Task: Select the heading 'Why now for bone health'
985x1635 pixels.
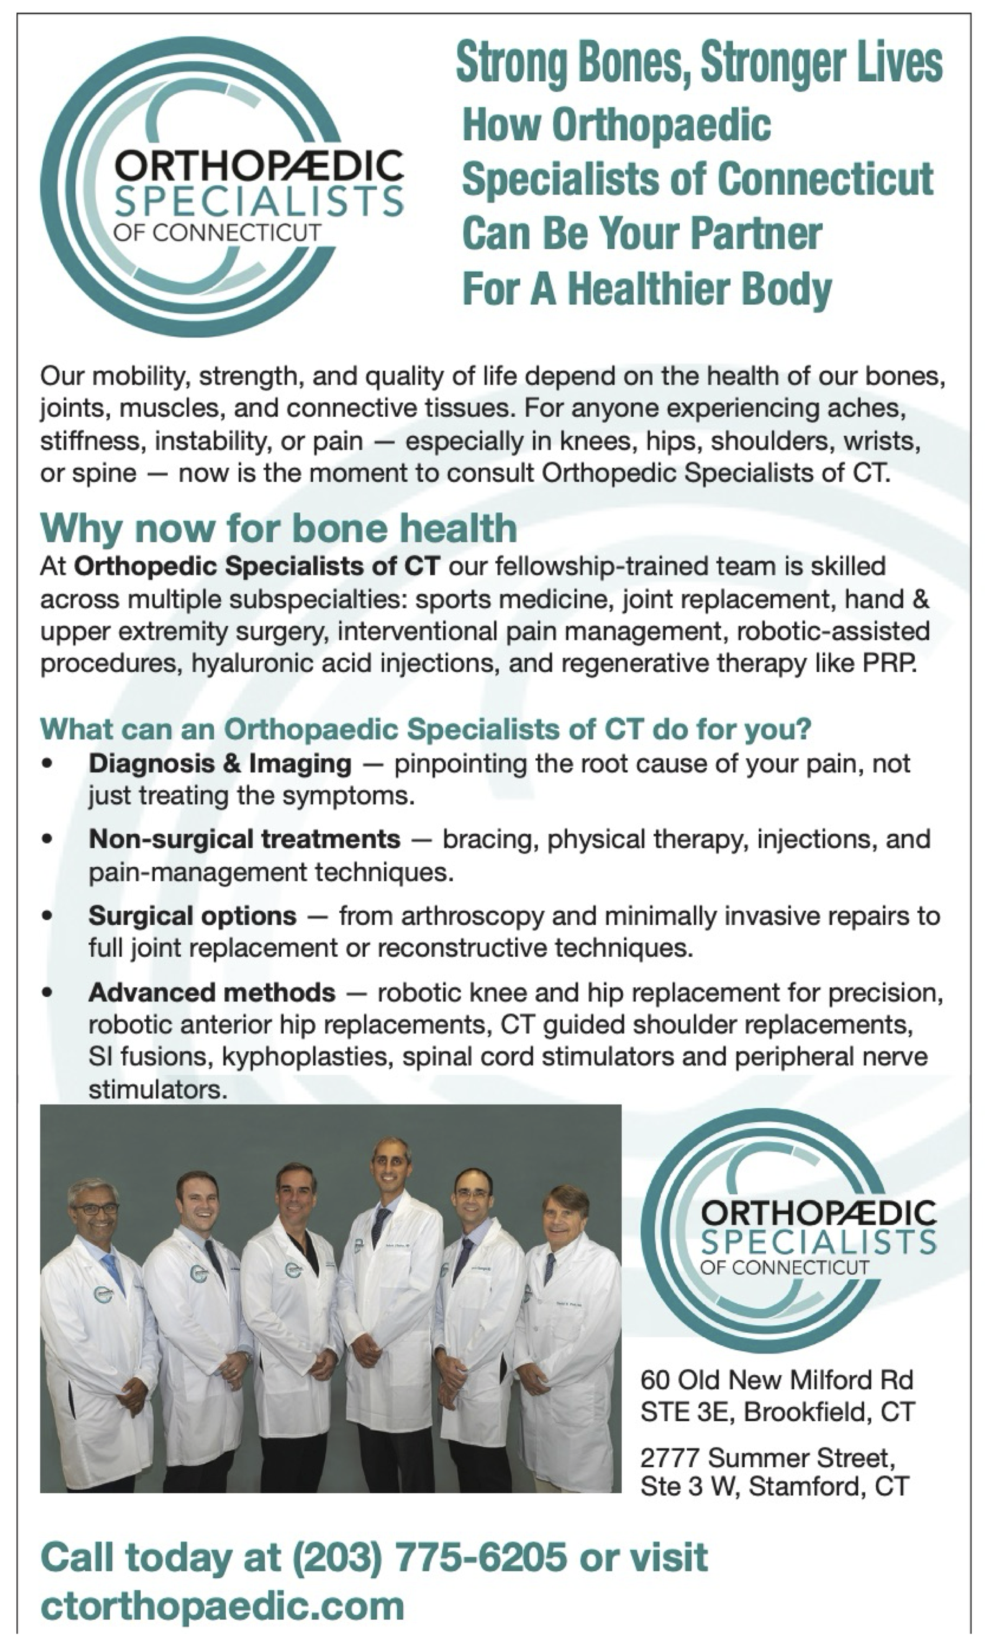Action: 279,528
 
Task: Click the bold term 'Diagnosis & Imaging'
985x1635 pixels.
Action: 220,764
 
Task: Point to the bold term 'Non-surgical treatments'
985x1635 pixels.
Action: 244,839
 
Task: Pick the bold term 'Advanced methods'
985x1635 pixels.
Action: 212,993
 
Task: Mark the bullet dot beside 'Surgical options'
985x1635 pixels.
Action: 46,916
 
